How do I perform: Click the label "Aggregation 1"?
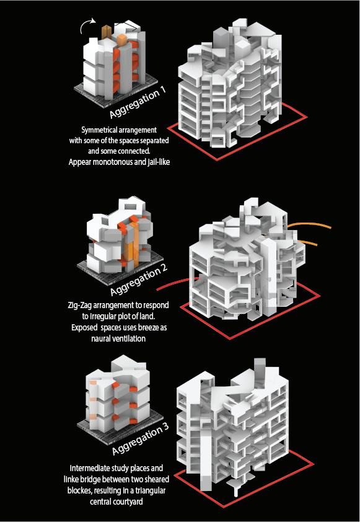click(x=137, y=104)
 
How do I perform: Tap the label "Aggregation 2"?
click(x=139, y=280)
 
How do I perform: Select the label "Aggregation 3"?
click(x=140, y=439)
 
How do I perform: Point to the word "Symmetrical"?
click(x=97, y=130)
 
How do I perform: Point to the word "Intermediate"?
click(x=89, y=469)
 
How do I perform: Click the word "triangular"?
click(x=151, y=490)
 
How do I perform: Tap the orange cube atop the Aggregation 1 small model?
click(x=122, y=40)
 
